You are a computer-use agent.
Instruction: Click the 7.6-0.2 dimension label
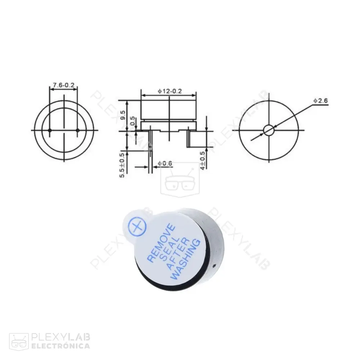tap(63, 85)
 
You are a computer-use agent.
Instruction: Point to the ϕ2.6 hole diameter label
tap(320, 101)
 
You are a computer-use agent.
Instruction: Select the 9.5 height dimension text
tap(123, 115)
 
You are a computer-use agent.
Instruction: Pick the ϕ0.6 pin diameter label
tap(165, 164)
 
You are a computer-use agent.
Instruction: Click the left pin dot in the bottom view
tap(50, 130)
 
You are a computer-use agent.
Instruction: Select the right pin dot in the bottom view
tap(77, 130)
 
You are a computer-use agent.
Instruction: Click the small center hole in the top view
tap(269, 130)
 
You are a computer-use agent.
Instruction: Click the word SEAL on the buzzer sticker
tap(167, 248)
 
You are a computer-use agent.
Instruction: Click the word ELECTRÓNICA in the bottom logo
tap(61, 346)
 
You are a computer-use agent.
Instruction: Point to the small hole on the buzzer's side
tap(214, 267)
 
